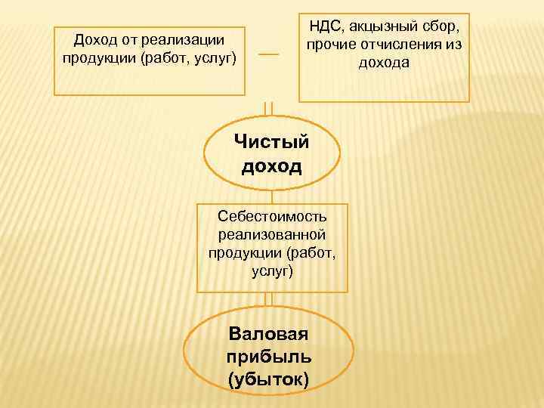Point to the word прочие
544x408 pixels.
pyautogui.click(x=331, y=46)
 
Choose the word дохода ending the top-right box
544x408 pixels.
pyautogui.click(x=384, y=63)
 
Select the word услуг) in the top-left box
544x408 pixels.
pyautogui.click(x=215, y=57)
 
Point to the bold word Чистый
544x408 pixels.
pyautogui.click(x=271, y=141)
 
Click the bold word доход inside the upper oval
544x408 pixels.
pyautogui.click(x=271, y=165)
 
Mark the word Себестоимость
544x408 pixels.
pyautogui.click(x=272, y=217)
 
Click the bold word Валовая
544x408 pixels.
pyautogui.click(x=268, y=333)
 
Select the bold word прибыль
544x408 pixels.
pyautogui.click(x=268, y=356)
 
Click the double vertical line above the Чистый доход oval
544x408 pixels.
pyautogui.click(x=268, y=108)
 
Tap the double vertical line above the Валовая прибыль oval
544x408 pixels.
pyautogui.click(x=268, y=299)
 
